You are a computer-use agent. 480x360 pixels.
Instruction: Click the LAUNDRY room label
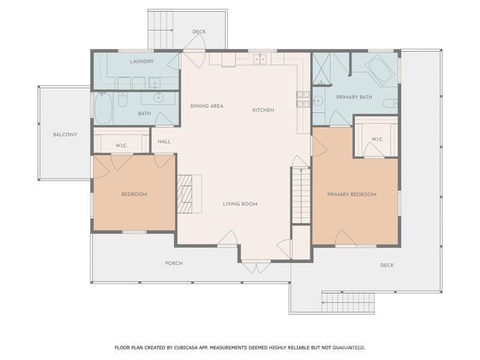coord(141,61)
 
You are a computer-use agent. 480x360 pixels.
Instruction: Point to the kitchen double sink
coord(259,58)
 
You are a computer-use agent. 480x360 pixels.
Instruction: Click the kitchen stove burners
coord(303,95)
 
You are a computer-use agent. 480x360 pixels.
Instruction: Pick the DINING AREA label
coord(206,106)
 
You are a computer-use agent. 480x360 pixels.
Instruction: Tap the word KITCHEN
coord(263,110)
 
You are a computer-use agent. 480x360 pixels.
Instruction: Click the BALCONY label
coord(64,135)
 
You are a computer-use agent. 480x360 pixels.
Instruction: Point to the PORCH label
coord(174,263)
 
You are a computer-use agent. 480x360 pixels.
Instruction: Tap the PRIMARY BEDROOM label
coord(351,194)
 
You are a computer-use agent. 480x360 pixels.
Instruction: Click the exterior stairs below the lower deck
coord(342,302)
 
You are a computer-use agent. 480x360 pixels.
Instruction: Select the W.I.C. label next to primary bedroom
coord(377,139)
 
